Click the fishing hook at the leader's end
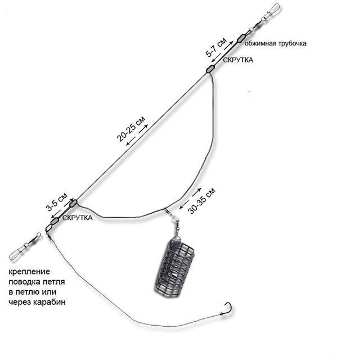pos(227,309)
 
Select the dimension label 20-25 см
pos(131,129)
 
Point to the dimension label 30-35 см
pos(201,201)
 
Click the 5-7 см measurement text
pos(216,47)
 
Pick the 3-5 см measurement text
pos(57,202)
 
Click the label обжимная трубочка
pos(275,43)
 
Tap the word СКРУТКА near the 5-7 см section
pos(238,60)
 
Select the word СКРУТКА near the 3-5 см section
pos(78,218)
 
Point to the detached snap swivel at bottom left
pos(25,246)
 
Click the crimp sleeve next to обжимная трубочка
pos(241,38)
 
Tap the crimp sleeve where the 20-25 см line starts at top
pos(210,69)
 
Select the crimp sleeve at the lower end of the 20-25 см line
pos(73,203)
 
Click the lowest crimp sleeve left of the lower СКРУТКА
pos(55,222)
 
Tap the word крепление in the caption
pos(29,272)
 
